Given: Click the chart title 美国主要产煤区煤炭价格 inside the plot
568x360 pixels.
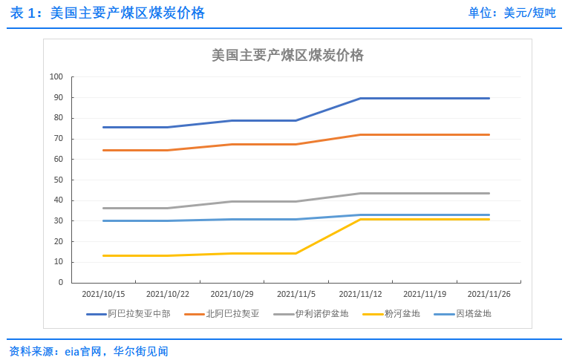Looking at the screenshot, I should click(287, 56).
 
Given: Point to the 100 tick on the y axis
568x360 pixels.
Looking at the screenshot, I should click(56, 76).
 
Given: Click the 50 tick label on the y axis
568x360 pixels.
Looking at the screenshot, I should click(56, 180).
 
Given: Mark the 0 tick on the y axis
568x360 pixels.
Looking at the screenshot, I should click(60, 283).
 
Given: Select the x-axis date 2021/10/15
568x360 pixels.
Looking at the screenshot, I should click(103, 294).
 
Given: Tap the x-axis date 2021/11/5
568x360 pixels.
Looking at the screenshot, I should click(296, 294).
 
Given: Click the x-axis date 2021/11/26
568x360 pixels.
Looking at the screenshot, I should click(489, 294).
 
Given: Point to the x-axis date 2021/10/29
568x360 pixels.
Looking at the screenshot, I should click(232, 294).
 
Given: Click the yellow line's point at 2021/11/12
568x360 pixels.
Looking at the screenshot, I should click(360, 219).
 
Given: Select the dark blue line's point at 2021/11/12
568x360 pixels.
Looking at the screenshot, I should click(360, 98).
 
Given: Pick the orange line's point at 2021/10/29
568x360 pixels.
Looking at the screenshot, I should click(232, 144).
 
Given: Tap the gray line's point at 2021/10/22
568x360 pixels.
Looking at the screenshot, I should click(168, 208).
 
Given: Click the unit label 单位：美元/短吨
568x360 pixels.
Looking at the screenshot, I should click(512, 13).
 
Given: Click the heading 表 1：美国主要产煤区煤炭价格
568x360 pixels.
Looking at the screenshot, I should click(107, 13).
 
